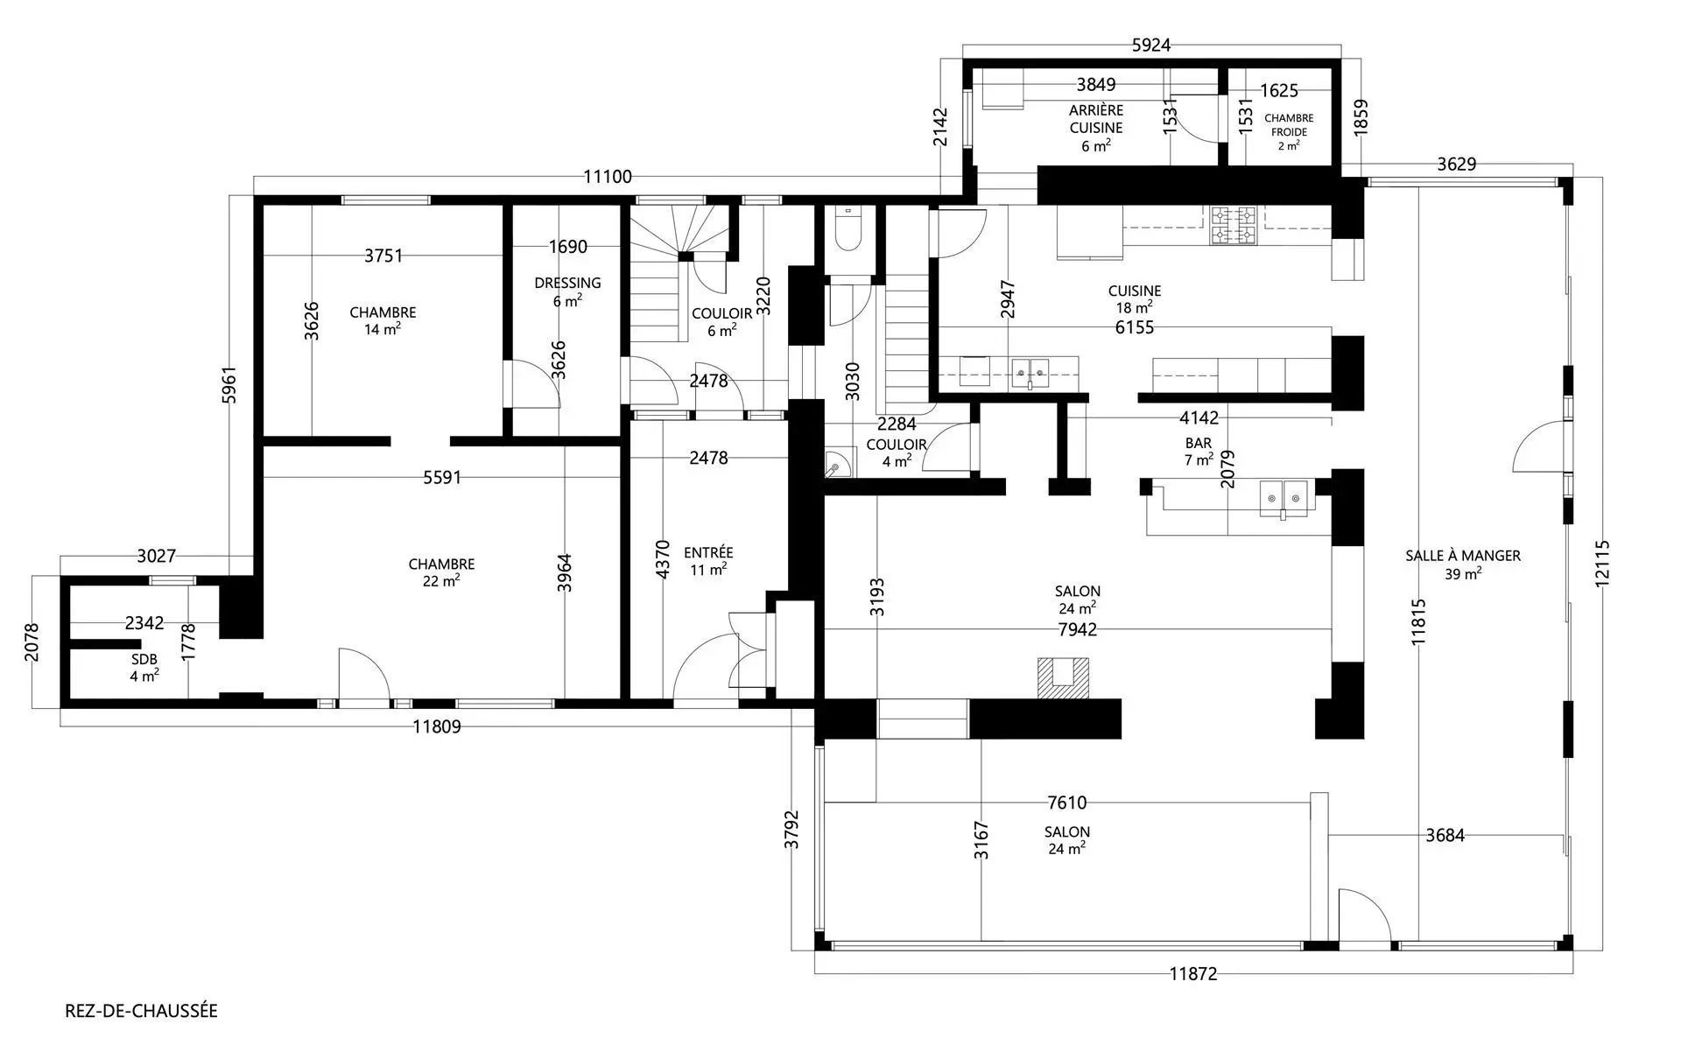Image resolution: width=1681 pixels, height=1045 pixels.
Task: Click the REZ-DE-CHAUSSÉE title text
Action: (141, 1011)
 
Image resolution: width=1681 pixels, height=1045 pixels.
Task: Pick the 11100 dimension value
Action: (608, 177)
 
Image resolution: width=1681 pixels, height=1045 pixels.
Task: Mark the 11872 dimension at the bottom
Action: (1193, 974)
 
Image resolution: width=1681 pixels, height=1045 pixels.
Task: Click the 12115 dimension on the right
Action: (1602, 563)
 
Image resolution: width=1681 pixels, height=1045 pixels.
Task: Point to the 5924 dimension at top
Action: (1151, 46)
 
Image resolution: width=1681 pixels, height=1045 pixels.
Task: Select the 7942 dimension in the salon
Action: (1078, 629)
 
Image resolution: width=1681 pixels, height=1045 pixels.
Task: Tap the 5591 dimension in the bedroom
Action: (442, 477)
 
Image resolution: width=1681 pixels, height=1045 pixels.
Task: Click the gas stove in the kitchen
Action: (1234, 226)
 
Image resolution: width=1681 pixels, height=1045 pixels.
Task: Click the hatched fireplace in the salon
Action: (1064, 678)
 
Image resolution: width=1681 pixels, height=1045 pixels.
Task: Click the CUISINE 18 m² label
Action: (1135, 299)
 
